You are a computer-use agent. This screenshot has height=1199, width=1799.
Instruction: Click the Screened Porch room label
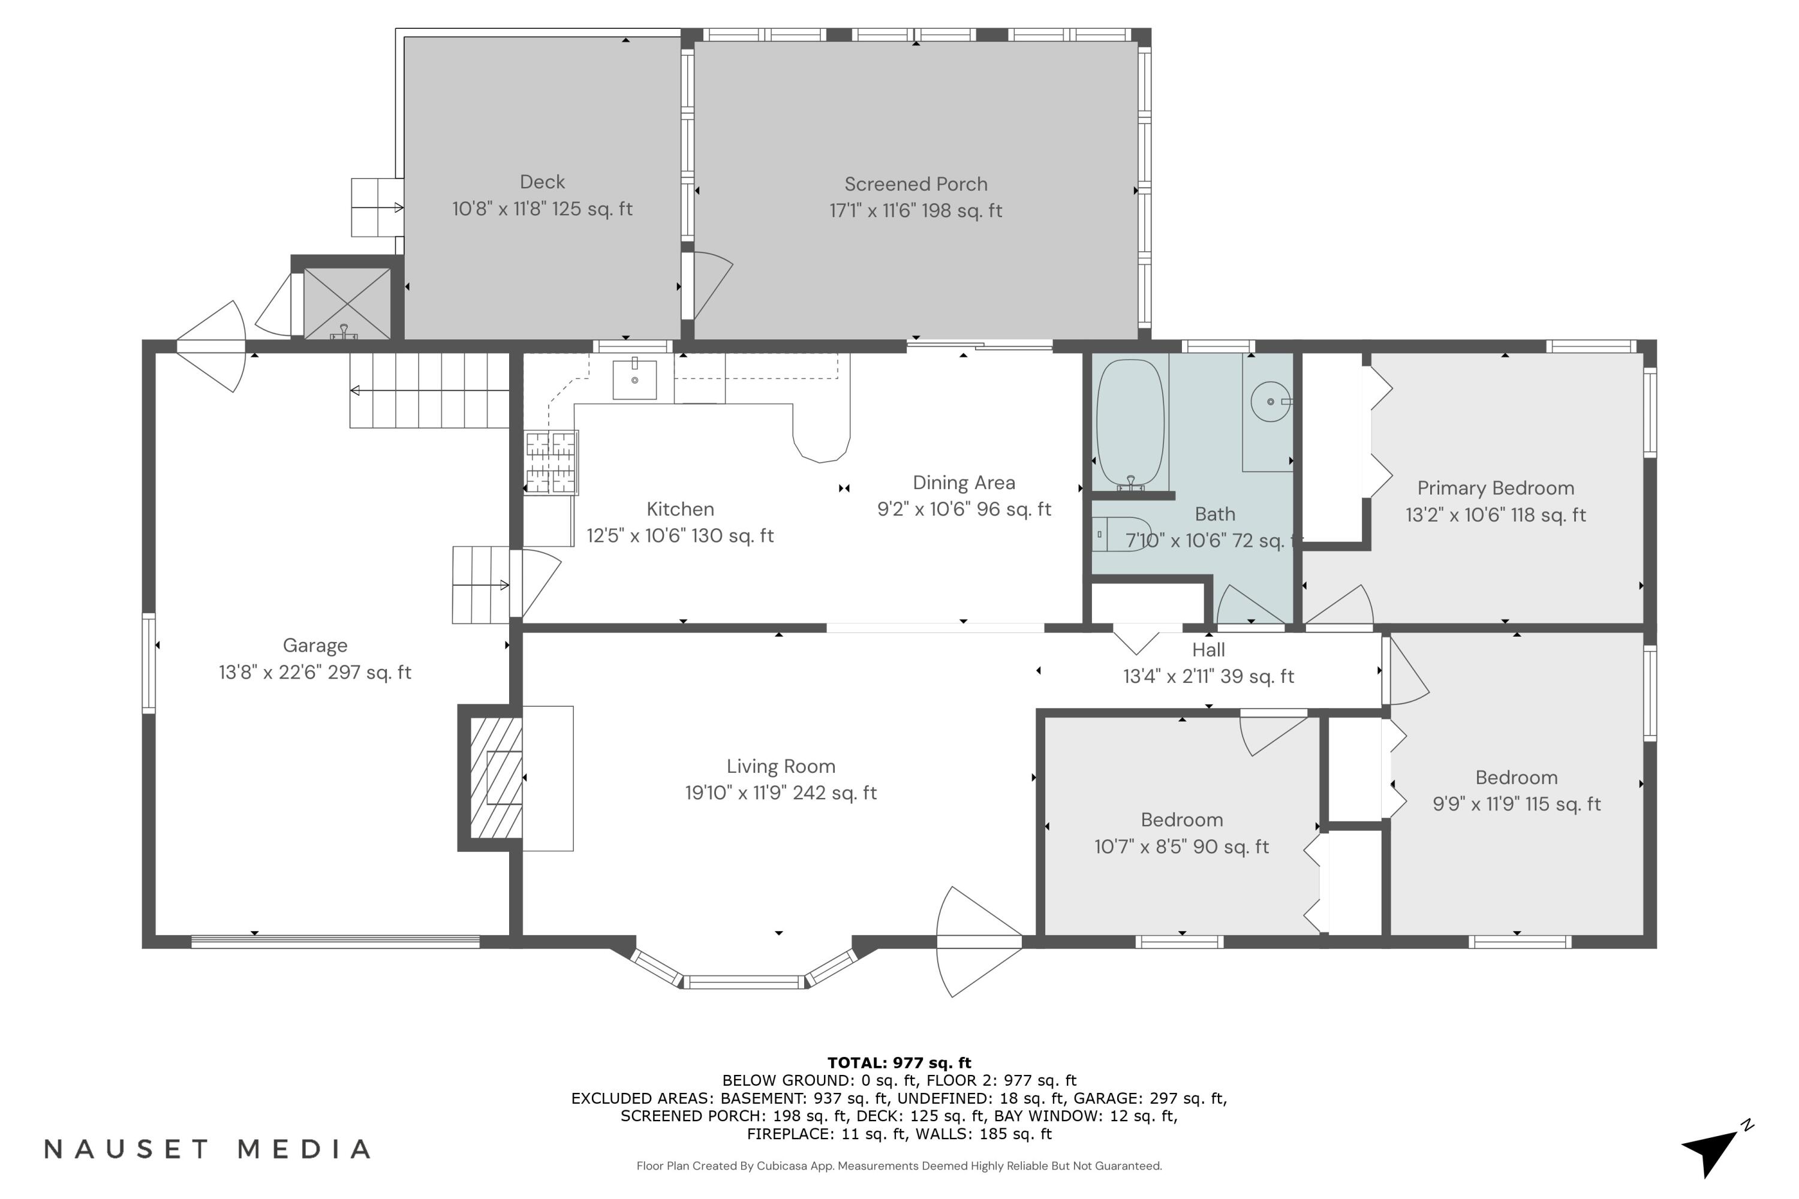916,184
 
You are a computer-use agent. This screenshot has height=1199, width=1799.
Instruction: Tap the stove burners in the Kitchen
550,463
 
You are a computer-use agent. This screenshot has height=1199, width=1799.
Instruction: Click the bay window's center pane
744,982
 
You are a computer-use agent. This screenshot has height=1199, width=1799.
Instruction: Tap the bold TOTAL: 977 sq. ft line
899,1062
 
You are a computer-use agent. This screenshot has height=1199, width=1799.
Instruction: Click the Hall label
1208,650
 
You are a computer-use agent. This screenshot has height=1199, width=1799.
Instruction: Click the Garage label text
315,646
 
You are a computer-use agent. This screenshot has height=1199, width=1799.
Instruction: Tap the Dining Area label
963,483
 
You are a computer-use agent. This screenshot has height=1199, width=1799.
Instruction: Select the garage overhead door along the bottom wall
335,941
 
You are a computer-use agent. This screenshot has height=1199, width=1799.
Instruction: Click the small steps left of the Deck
377,207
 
